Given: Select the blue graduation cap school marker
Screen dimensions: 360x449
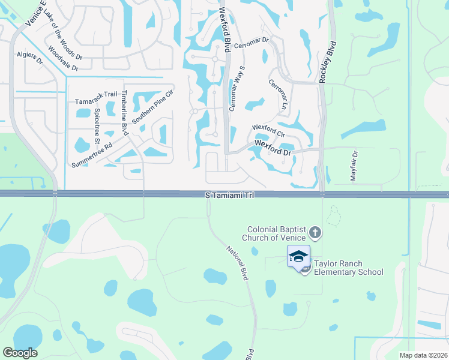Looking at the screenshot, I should pyautogui.click(x=298, y=256).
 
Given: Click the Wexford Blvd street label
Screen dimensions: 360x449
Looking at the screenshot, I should pyautogui.click(x=224, y=30).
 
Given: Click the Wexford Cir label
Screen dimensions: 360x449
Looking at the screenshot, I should pyautogui.click(x=268, y=128).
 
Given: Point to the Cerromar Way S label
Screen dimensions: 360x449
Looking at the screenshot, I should pyautogui.click(x=235, y=88).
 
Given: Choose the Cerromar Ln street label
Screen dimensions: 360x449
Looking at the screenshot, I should pyautogui.click(x=278, y=94).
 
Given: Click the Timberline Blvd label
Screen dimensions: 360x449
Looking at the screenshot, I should pyautogui.click(x=125, y=113).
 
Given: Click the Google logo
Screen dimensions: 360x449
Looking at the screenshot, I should pyautogui.click(x=20, y=353).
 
